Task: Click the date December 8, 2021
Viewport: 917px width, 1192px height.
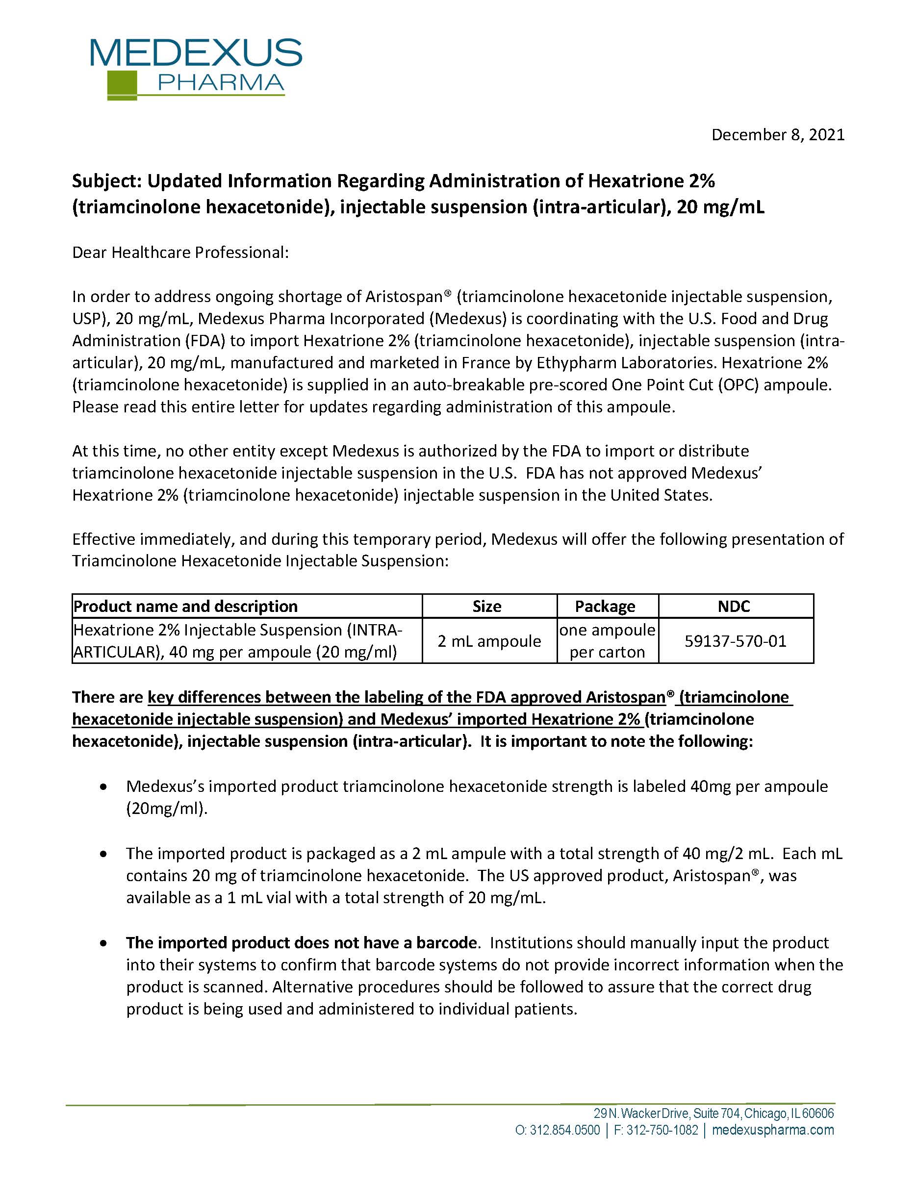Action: tap(778, 135)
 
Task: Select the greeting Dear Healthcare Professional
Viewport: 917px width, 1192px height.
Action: tap(180, 253)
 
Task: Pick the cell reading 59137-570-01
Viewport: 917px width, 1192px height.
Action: tap(735, 641)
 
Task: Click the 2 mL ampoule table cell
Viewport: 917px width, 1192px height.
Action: tap(489, 641)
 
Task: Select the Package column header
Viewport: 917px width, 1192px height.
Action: tap(605, 607)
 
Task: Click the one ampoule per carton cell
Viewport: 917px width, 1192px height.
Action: tap(607, 641)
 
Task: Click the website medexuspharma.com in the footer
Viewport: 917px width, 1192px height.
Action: tap(773, 1130)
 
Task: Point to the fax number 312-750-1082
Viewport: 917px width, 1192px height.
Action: tap(662, 1130)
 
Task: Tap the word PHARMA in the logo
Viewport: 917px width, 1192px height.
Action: tap(221, 83)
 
